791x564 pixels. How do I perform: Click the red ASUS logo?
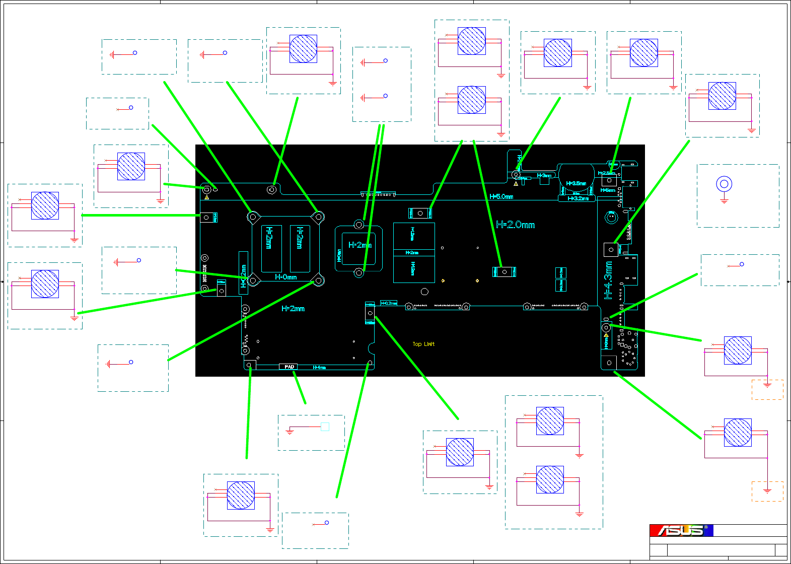click(x=681, y=530)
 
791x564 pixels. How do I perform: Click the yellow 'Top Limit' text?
click(x=423, y=344)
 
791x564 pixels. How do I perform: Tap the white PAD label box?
click(x=289, y=367)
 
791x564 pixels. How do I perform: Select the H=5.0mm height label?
click(x=501, y=196)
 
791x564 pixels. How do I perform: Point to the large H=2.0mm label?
click(x=515, y=225)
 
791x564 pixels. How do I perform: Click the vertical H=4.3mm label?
click(x=608, y=280)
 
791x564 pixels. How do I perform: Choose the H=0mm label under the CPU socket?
click(x=285, y=277)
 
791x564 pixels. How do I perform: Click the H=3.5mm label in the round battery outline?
click(x=576, y=183)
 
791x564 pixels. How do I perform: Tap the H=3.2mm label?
click(x=578, y=198)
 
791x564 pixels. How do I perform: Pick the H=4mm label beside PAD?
click(x=319, y=368)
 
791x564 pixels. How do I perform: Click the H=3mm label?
click(x=544, y=176)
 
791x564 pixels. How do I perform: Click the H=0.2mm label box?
click(x=389, y=303)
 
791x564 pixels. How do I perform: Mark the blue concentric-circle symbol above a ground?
click(x=724, y=184)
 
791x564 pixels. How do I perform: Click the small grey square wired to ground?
click(x=325, y=427)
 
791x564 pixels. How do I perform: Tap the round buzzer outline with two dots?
click(x=611, y=217)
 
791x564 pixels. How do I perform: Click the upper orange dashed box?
click(x=767, y=389)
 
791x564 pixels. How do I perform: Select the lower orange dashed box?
click(x=767, y=491)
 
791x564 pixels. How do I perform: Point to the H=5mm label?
click(x=608, y=190)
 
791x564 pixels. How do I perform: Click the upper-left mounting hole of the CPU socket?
click(x=253, y=217)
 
